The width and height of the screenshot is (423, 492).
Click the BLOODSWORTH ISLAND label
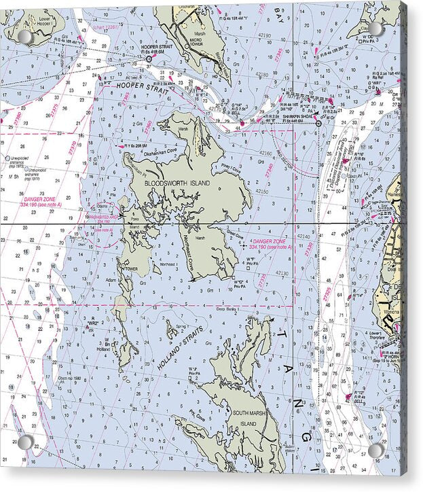[177, 183]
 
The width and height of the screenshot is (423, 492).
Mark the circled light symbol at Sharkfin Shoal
[318, 124]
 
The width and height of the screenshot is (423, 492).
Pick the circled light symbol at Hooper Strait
[149, 60]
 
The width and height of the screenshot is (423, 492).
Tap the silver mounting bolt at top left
[25, 37]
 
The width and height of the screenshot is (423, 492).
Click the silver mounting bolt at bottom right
[375, 449]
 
